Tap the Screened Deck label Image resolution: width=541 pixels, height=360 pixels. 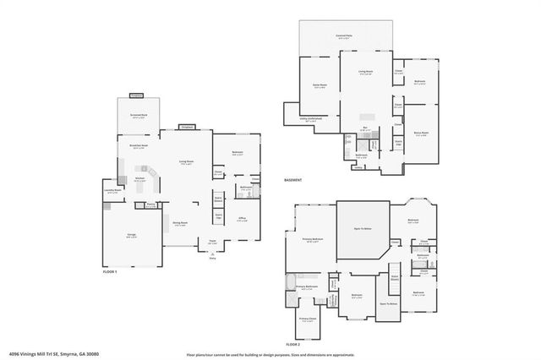coord(139,116)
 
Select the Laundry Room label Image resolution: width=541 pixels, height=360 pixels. coord(112,192)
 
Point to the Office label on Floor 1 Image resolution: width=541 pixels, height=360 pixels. coord(241,217)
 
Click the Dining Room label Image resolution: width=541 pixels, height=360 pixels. coord(180,223)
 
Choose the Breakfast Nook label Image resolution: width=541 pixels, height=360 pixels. coord(139,147)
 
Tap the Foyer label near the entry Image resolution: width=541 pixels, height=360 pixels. coord(213,243)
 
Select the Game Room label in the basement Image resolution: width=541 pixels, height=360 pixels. coord(320,85)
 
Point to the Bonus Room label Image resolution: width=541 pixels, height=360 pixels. coord(421,133)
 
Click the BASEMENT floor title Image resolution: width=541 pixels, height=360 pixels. coord(292,180)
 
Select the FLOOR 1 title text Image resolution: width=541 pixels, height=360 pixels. coord(109,271)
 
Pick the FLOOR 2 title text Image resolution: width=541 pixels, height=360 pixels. coord(292,345)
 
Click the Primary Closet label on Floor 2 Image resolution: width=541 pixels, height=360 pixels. coord(307,319)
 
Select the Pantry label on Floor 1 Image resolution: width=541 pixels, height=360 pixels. coord(150,204)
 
